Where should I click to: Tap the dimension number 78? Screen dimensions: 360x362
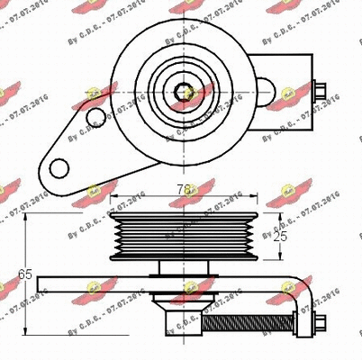click(x=186, y=189)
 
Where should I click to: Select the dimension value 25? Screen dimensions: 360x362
click(x=281, y=237)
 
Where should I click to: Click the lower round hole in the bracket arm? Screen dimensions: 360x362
click(x=60, y=167)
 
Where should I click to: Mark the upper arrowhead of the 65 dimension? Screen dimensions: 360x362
click(x=25, y=218)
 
